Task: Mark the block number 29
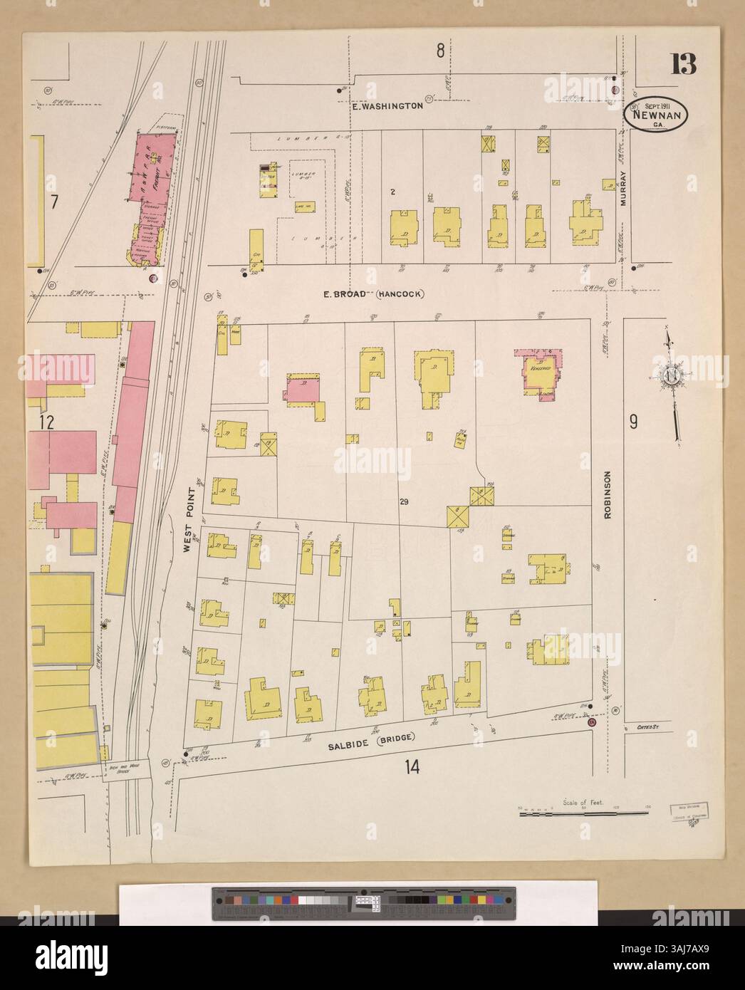point(404,502)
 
